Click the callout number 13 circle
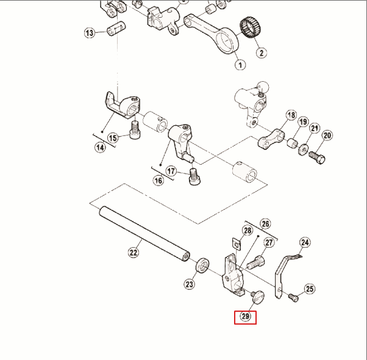click(x=90, y=32)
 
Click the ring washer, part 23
click(x=201, y=266)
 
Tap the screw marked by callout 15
click(x=135, y=129)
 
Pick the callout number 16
click(x=158, y=181)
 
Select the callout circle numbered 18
click(x=291, y=116)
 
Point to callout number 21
click(x=315, y=129)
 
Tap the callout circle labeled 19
click(x=303, y=123)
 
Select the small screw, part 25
click(x=294, y=297)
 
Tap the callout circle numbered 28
click(x=248, y=231)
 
